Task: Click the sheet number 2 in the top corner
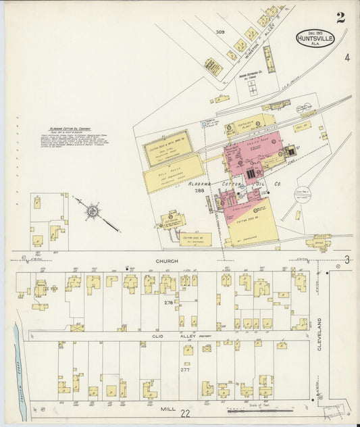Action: [340, 18]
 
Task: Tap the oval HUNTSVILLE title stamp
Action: [315, 38]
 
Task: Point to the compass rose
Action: [91, 211]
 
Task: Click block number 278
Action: [169, 302]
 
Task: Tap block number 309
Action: [220, 32]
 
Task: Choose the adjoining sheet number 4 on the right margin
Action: [346, 58]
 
